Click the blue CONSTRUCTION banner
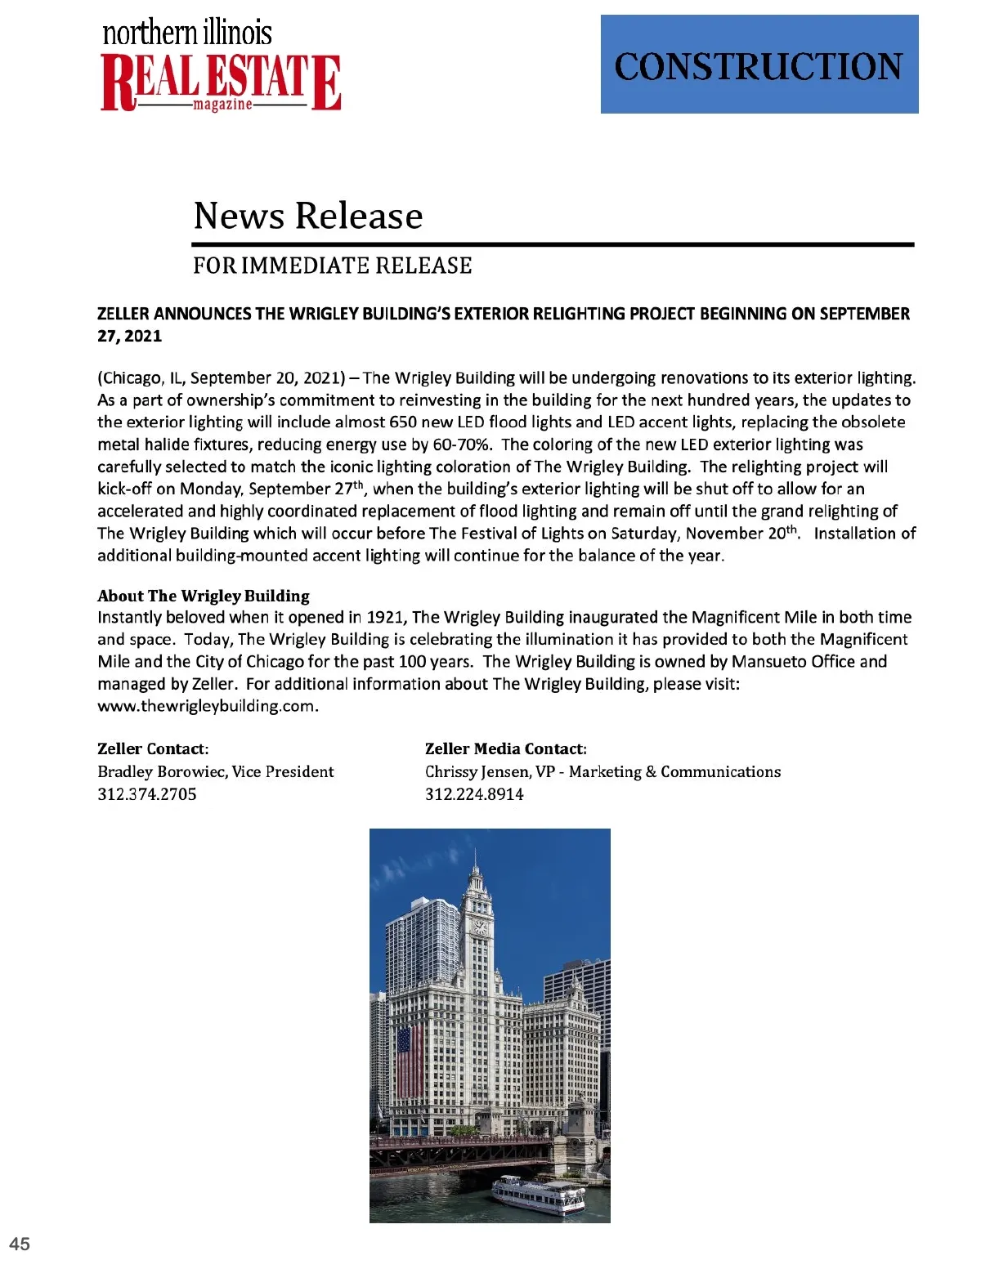pyautogui.click(x=759, y=65)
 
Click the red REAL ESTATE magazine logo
pyautogui.click(x=221, y=82)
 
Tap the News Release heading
pyautogui.click(x=308, y=216)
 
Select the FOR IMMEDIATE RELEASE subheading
pyautogui.click(x=332, y=266)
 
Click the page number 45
pyautogui.click(x=20, y=1244)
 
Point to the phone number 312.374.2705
pyautogui.click(x=147, y=794)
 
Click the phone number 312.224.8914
pyautogui.click(x=474, y=794)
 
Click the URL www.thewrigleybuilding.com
pyautogui.click(x=206, y=706)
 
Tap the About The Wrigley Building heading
pyautogui.click(x=204, y=596)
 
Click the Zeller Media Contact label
pyautogui.click(x=505, y=749)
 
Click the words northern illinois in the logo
pyautogui.click(x=187, y=33)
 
